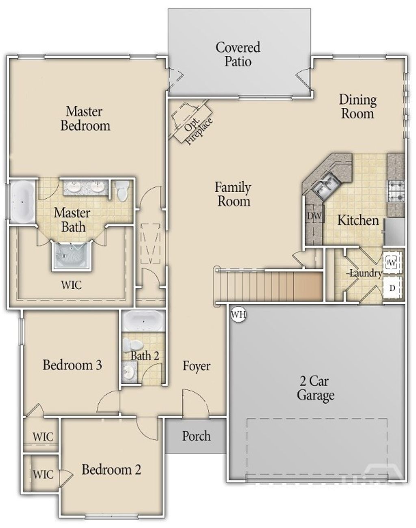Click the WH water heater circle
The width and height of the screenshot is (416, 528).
(238, 314)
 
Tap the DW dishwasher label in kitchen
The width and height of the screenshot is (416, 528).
(314, 216)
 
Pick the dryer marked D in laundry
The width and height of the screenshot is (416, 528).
(392, 288)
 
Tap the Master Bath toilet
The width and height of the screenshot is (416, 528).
(121, 191)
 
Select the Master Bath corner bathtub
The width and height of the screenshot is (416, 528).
(22, 201)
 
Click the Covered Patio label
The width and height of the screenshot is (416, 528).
(238, 54)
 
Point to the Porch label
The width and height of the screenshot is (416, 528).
(196, 436)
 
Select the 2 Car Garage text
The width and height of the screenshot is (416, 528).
(316, 388)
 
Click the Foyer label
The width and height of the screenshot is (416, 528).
(197, 366)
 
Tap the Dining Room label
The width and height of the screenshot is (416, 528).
(357, 106)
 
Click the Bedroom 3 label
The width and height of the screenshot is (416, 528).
(72, 364)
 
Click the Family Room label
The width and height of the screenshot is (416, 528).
(233, 194)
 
